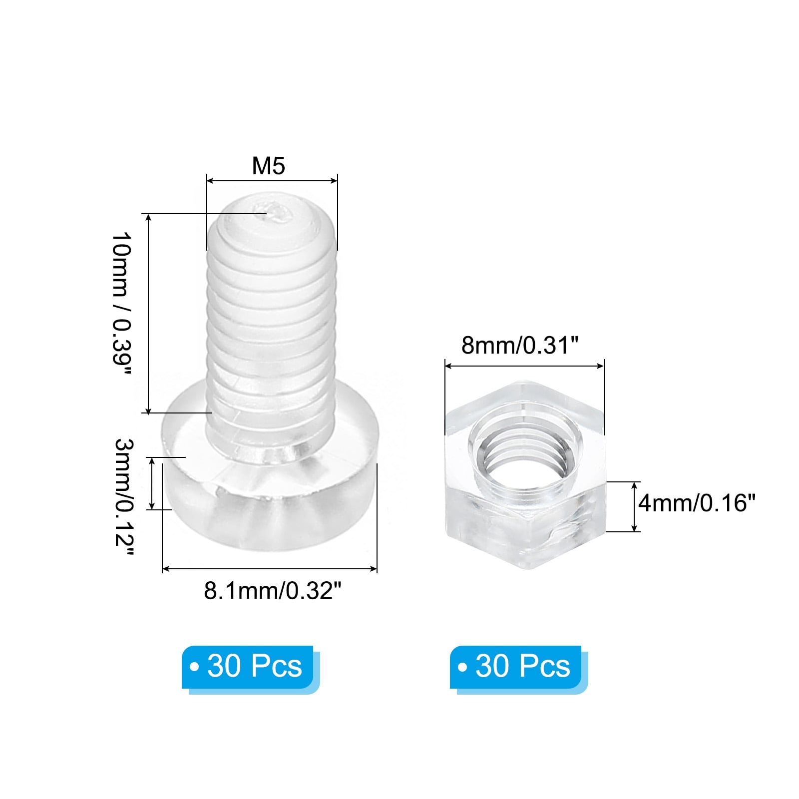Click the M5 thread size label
(268, 166)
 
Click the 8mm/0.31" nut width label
(519, 345)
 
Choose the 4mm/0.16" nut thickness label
(697, 503)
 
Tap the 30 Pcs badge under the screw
(248, 666)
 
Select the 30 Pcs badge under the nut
(516, 666)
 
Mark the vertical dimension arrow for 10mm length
(148, 314)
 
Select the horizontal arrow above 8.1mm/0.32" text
(270, 569)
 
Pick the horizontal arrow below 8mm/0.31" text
(524, 366)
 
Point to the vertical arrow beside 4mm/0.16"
(634, 506)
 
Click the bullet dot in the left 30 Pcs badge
(194, 667)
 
